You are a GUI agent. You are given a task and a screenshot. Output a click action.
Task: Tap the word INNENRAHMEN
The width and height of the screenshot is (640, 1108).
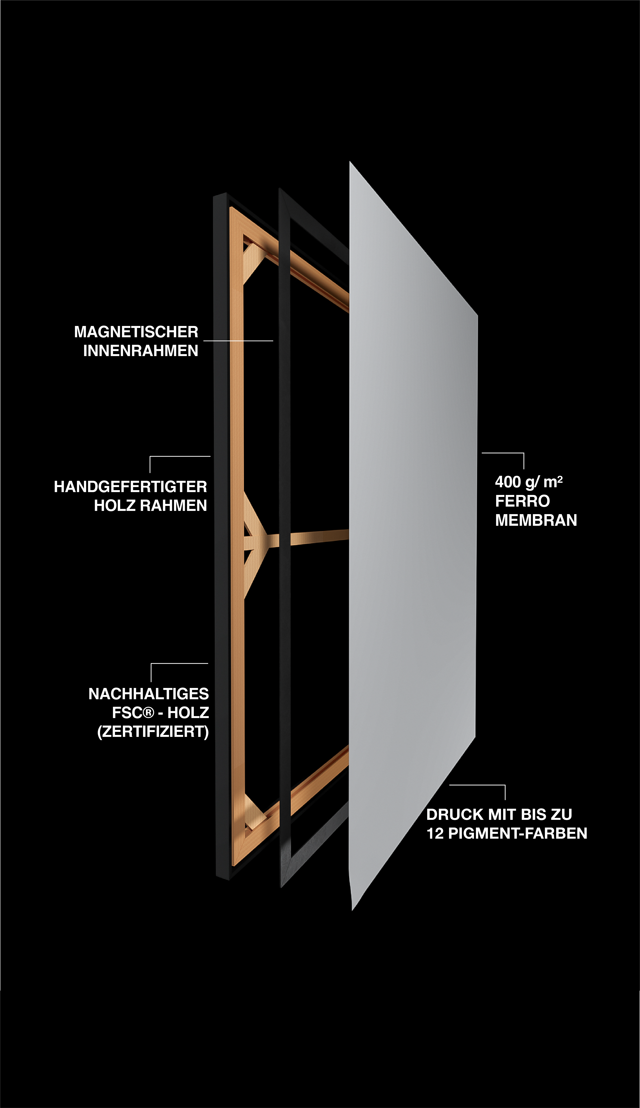pos(141,351)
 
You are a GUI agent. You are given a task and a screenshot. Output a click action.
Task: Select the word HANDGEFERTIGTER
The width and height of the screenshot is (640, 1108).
pos(130,487)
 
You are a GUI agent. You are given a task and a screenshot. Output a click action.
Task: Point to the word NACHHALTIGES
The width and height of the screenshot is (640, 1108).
pos(148,694)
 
